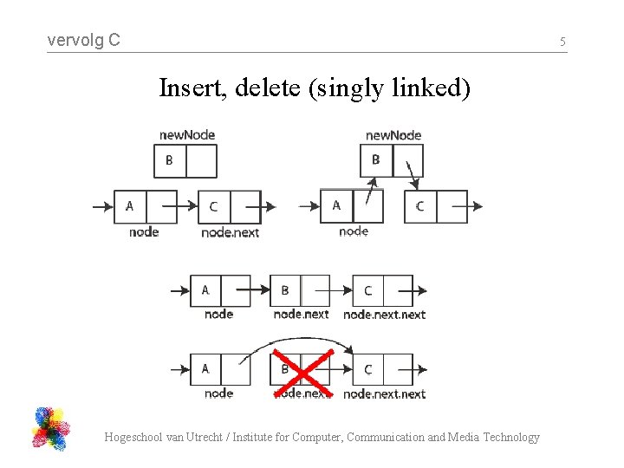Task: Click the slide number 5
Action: pyautogui.click(x=562, y=42)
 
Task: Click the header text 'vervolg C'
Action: pyautogui.click(x=83, y=40)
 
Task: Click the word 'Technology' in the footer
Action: pyautogui.click(x=510, y=437)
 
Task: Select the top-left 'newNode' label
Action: pyautogui.click(x=187, y=134)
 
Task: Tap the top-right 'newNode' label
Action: pyautogui.click(x=393, y=134)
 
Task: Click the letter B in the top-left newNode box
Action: pyautogui.click(x=169, y=160)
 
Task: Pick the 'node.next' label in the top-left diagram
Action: pyautogui.click(x=230, y=232)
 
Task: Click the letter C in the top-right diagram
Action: pyautogui.click(x=420, y=206)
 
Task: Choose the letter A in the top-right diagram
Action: pyautogui.click(x=336, y=205)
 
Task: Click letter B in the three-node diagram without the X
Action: pyautogui.click(x=284, y=290)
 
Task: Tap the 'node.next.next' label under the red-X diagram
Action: pyautogui.click(x=384, y=393)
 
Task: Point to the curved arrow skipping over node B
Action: pyautogui.click(x=295, y=341)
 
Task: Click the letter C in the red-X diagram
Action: pyautogui.click(x=367, y=369)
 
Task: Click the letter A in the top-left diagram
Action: pyautogui.click(x=130, y=205)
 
